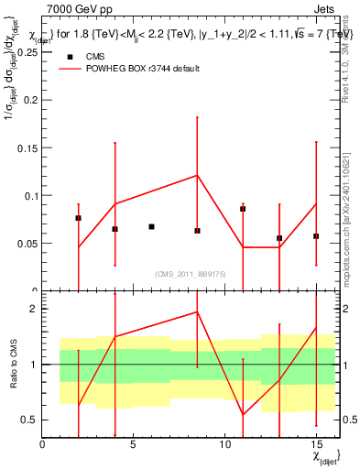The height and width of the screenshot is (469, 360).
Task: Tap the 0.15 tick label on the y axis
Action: pyautogui.click(x=27, y=147)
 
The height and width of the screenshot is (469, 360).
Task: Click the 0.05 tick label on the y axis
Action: pyautogui.click(x=27, y=243)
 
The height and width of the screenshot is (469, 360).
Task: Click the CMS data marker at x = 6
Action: pyautogui.click(x=151, y=226)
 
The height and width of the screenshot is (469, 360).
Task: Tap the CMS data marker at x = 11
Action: pyautogui.click(x=243, y=209)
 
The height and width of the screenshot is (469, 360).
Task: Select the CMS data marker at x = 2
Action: pyautogui.click(x=78, y=218)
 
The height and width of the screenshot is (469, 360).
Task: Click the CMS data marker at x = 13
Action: pyautogui.click(x=279, y=238)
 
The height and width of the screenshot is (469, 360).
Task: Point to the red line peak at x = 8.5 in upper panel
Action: pyautogui.click(x=197, y=175)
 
